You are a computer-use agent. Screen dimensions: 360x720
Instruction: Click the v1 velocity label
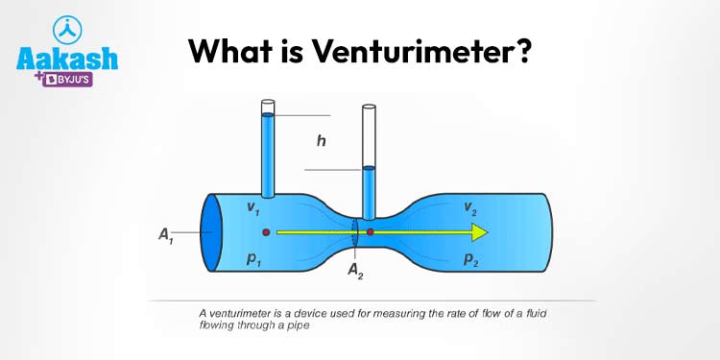[x=251, y=208]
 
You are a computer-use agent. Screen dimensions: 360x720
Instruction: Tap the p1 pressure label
[x=252, y=258]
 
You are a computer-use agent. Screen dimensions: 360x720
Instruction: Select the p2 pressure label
[x=471, y=258]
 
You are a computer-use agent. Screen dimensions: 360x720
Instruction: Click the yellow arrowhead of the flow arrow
[x=478, y=232]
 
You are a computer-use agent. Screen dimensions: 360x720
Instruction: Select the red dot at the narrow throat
[x=371, y=232]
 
